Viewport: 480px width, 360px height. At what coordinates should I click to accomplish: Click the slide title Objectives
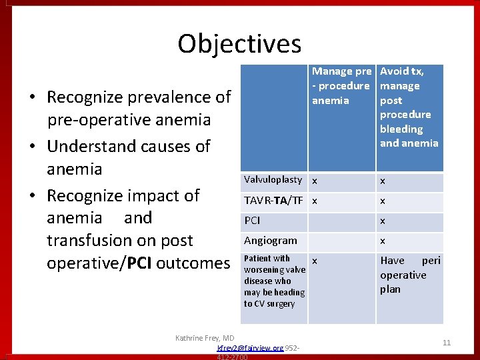click(239, 44)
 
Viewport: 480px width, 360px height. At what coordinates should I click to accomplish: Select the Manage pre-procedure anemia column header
click(341, 86)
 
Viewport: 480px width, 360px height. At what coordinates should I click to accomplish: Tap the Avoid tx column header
click(409, 107)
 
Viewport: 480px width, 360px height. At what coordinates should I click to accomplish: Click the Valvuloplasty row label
click(273, 180)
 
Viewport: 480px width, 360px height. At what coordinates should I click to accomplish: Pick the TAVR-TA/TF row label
click(273, 201)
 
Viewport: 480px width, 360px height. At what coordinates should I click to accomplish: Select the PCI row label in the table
click(253, 221)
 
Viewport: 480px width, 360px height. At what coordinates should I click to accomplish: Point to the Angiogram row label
click(271, 241)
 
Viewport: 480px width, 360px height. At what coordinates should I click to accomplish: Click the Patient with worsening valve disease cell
click(274, 281)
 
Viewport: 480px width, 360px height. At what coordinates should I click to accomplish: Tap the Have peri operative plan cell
click(409, 275)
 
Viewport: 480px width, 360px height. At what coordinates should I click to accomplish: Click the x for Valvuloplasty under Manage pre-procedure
click(315, 181)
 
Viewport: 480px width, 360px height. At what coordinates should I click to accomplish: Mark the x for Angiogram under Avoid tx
click(383, 241)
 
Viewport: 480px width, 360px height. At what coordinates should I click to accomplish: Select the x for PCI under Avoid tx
click(383, 221)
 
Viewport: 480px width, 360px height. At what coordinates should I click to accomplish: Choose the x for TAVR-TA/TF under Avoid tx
click(383, 201)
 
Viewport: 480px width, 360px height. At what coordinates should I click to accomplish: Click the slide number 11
click(447, 343)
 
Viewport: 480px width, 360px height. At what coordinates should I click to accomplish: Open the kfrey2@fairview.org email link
click(251, 348)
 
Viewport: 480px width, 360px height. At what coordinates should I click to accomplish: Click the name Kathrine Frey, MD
click(205, 338)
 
